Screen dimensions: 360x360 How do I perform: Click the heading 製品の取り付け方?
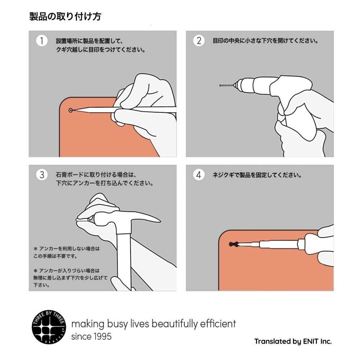click(x=65, y=17)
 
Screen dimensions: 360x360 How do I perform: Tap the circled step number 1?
click(x=41, y=41)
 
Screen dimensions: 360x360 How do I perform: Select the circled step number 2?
click(x=199, y=41)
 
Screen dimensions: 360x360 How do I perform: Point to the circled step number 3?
click(x=41, y=175)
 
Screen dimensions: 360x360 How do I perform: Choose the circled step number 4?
click(x=199, y=175)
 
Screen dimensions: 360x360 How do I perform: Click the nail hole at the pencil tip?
click(x=71, y=110)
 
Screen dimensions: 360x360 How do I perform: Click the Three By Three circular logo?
click(x=49, y=327)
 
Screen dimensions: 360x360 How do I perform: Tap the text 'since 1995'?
click(x=91, y=337)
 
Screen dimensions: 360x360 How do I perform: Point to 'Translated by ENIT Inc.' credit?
click(x=293, y=341)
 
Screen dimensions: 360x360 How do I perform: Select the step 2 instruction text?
click(x=266, y=41)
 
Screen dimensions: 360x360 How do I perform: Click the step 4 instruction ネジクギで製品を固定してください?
click(x=257, y=175)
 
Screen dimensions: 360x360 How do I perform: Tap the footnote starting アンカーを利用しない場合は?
click(x=67, y=252)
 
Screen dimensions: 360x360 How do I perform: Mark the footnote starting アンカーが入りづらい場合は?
click(x=70, y=278)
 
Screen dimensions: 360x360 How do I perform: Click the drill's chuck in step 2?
click(x=242, y=85)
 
